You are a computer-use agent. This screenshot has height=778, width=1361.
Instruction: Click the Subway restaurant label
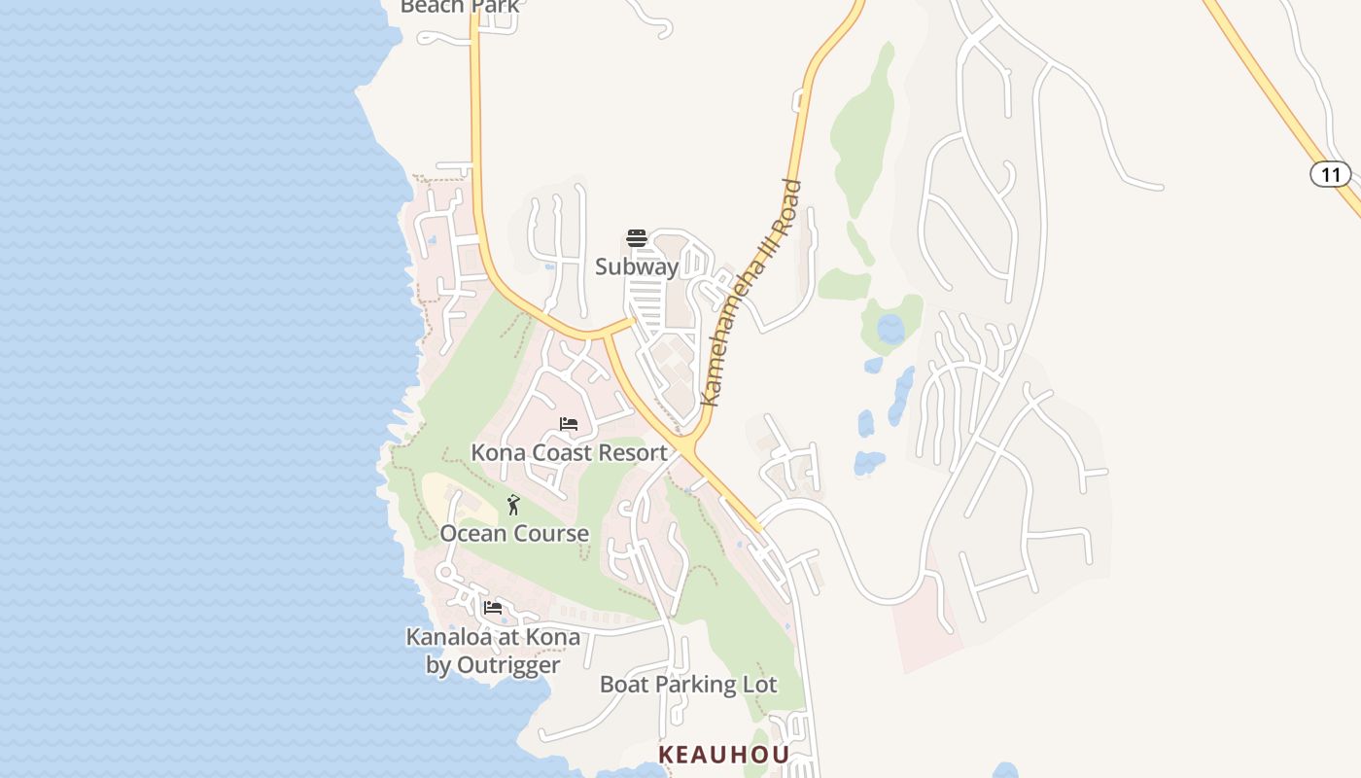pyautogui.click(x=637, y=266)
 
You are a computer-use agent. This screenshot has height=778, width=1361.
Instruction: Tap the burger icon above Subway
pyautogui.click(x=637, y=238)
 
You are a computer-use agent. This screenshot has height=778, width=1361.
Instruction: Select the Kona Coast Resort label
pyautogui.click(x=569, y=452)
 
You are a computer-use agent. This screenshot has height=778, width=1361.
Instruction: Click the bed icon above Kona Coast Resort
pyautogui.click(x=569, y=424)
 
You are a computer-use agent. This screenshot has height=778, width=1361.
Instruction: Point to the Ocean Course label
pyautogui.click(x=514, y=533)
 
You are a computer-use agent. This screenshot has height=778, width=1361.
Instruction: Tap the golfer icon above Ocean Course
pyautogui.click(x=513, y=505)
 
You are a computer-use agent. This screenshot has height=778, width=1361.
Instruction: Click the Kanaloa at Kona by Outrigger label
pyautogui.click(x=493, y=651)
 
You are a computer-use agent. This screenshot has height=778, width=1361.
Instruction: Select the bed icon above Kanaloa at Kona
pyautogui.click(x=493, y=609)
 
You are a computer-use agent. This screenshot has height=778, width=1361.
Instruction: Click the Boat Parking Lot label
pyautogui.click(x=688, y=684)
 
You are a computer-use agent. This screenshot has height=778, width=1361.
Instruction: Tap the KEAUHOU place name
pyautogui.click(x=723, y=755)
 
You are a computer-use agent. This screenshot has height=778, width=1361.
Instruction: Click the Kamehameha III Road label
pyautogui.click(x=751, y=292)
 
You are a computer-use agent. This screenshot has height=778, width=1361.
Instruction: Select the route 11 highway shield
pyautogui.click(x=1331, y=174)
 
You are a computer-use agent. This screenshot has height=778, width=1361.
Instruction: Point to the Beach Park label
pyautogui.click(x=460, y=7)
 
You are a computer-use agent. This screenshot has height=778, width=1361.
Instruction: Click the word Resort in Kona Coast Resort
pyautogui.click(x=632, y=452)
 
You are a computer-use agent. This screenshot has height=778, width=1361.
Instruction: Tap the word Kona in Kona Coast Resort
pyautogui.click(x=497, y=452)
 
